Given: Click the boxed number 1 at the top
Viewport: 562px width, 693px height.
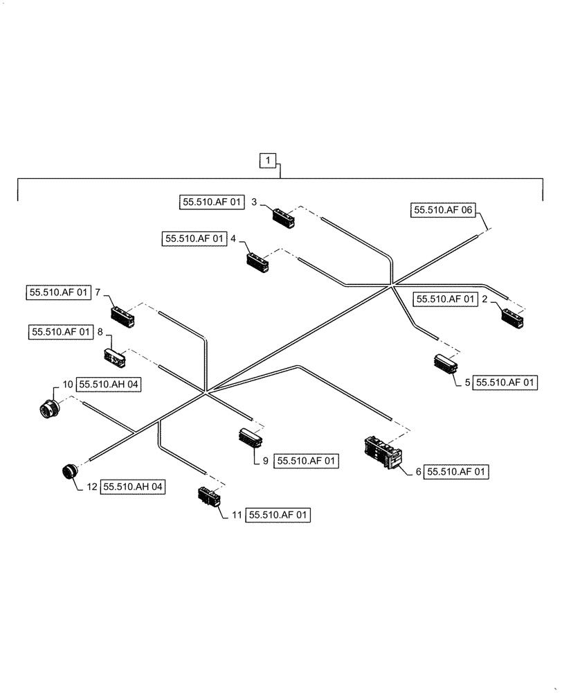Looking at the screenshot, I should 268,161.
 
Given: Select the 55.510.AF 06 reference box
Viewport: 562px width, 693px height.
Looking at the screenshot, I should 444,211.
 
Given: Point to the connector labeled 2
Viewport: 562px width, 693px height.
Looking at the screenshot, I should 513,317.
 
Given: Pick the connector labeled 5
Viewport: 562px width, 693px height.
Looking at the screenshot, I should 445,363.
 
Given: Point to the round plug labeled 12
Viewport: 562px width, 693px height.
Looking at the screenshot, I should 68,472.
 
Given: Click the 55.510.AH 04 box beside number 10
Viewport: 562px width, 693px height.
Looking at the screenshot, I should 109,385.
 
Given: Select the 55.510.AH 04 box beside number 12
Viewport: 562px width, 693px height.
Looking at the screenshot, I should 134,487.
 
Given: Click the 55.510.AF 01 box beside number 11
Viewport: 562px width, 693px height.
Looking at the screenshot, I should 279,515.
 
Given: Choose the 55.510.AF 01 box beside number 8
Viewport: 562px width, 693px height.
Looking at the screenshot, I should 61,333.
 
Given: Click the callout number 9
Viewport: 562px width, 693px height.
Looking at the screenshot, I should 265,460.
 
